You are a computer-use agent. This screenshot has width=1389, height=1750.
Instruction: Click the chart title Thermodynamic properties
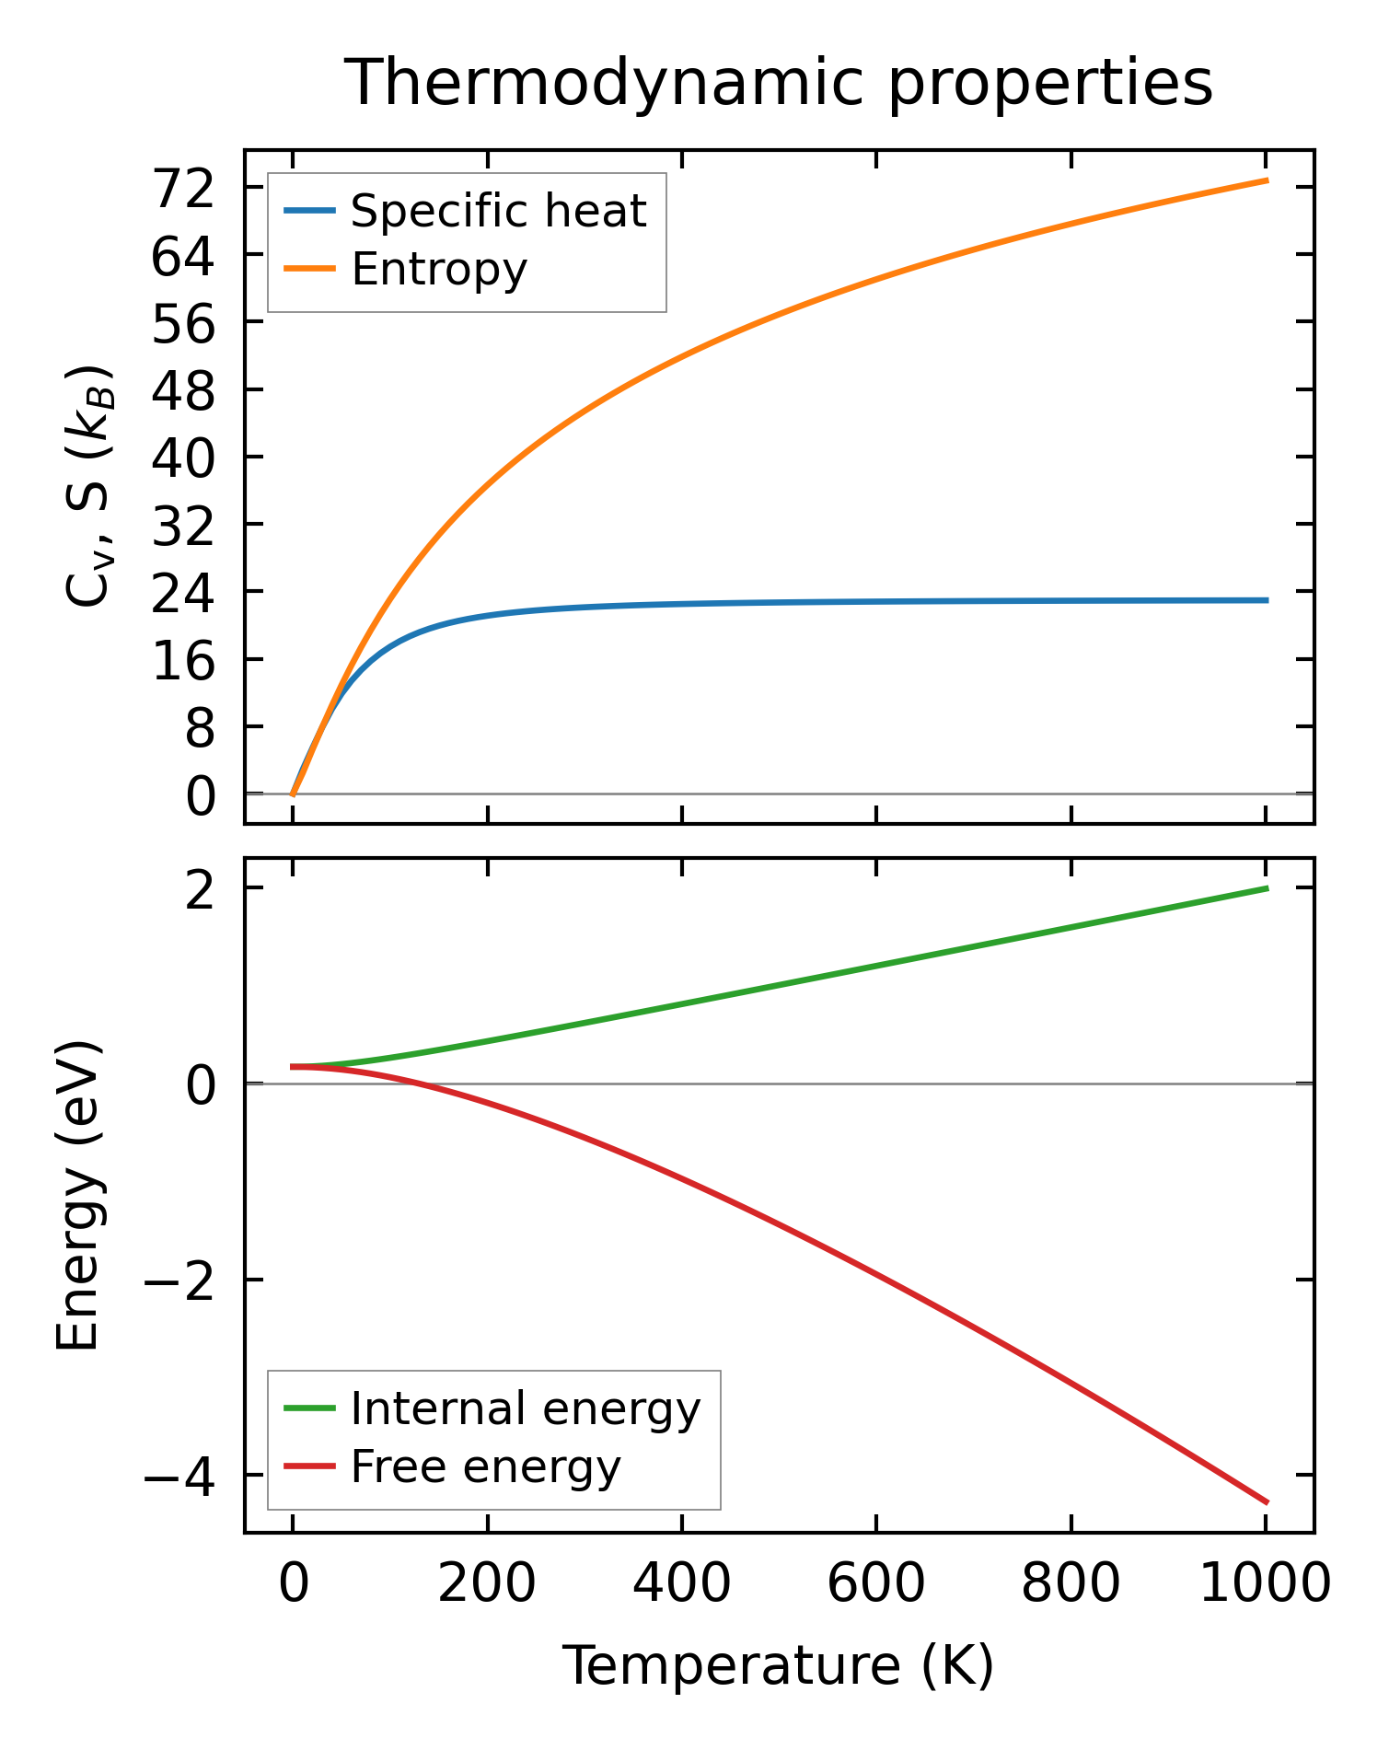click(x=779, y=84)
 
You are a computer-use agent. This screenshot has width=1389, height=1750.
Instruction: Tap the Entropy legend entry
click(x=439, y=270)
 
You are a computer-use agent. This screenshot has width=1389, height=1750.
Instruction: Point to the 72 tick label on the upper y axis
click(x=183, y=190)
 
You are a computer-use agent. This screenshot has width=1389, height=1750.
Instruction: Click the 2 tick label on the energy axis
click(x=200, y=890)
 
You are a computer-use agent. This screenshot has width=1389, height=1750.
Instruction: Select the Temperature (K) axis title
click(x=779, y=1666)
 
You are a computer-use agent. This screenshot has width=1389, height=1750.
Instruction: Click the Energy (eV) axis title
click(x=77, y=1196)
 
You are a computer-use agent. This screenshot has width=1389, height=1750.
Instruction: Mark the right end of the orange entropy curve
click(x=1267, y=180)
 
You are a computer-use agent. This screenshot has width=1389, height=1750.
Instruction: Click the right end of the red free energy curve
click(x=1267, y=1502)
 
